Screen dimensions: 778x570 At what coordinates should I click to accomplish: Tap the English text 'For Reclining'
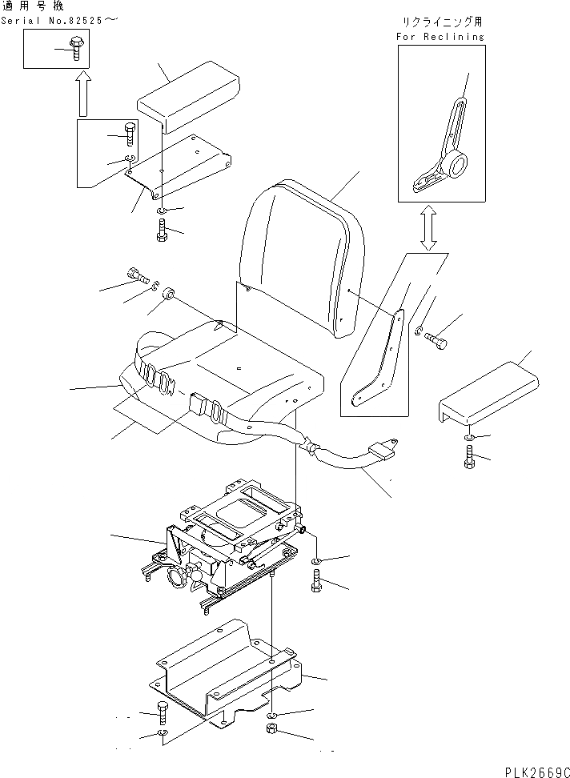tap(441, 36)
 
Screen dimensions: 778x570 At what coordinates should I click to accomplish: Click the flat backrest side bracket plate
tap(379, 355)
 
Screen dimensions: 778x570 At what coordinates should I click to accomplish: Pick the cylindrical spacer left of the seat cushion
tap(169, 297)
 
